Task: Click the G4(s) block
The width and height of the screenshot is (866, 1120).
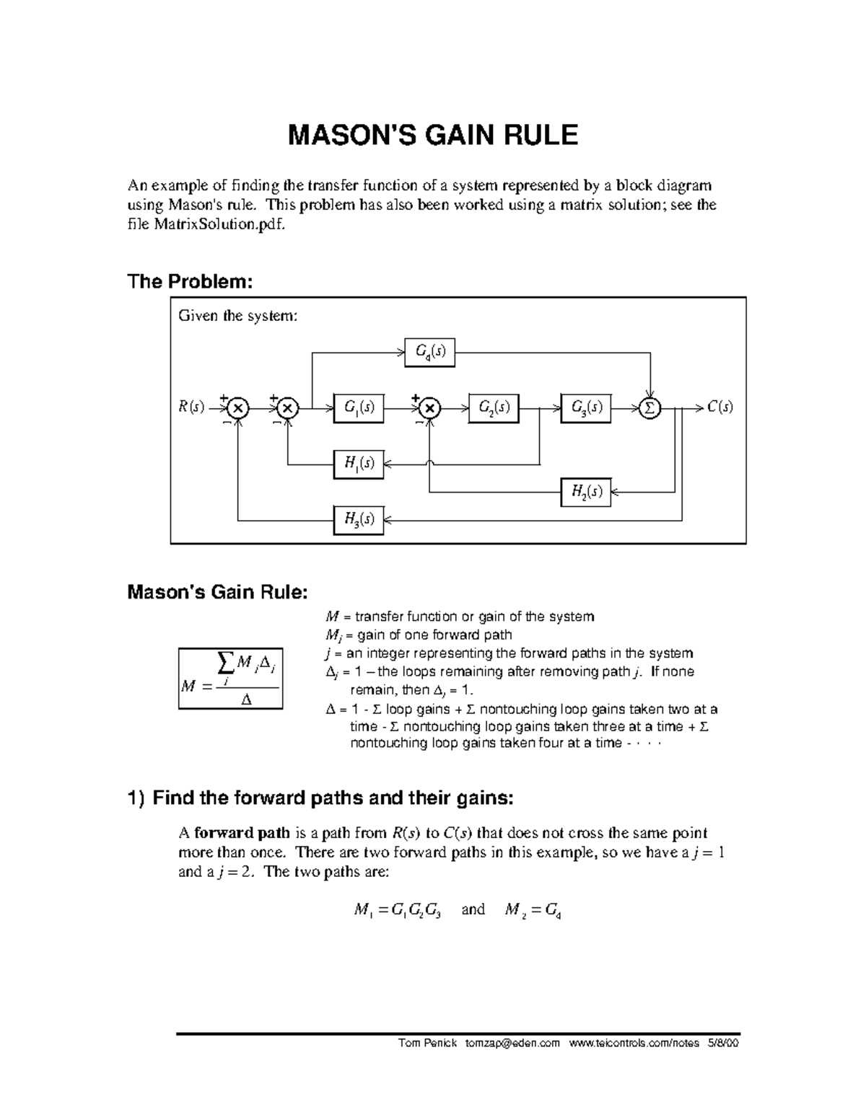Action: (430, 352)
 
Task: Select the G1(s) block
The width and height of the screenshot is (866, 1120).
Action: (359, 407)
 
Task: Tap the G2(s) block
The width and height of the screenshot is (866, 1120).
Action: (494, 407)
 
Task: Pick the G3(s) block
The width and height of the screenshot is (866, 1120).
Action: (586, 407)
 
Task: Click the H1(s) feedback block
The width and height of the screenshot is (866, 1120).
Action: (359, 464)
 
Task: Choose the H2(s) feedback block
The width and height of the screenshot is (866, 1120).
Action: (586, 493)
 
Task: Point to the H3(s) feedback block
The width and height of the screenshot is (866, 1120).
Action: (359, 519)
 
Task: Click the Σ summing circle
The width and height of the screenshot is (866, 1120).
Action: (649, 408)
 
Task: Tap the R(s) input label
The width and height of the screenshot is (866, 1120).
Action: (191, 407)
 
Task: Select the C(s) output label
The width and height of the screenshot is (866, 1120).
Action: (720, 407)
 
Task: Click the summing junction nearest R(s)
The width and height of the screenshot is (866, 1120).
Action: (237, 408)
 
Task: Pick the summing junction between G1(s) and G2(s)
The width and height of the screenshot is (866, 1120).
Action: (429, 408)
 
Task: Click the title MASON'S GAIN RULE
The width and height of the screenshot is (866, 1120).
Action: (433, 135)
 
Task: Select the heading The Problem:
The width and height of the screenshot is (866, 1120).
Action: (190, 281)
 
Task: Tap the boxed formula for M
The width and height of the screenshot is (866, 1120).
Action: (230, 679)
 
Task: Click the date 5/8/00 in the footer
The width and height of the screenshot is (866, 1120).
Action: (724, 1063)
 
